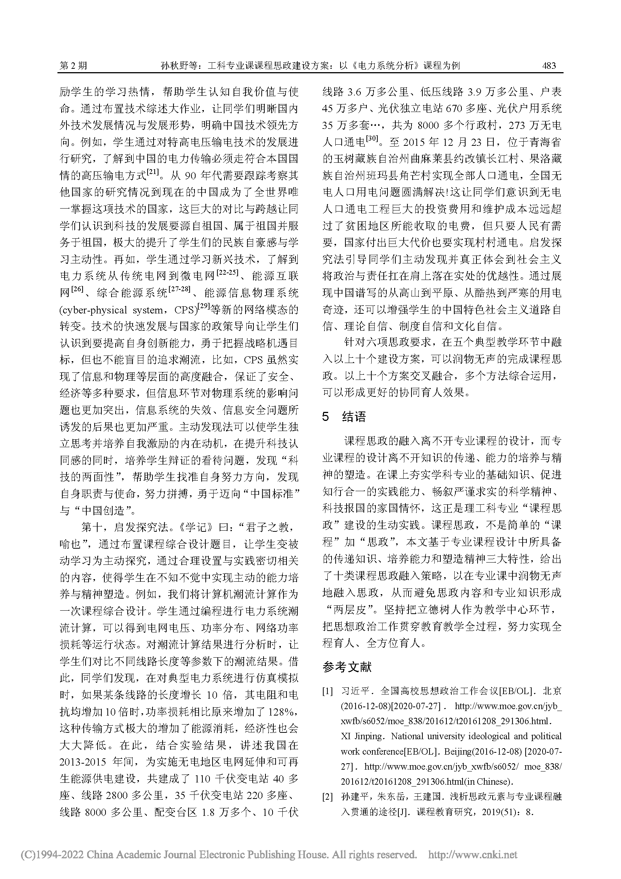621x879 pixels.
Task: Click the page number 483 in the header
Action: [x=549, y=66]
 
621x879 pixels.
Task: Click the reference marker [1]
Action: [x=327, y=691]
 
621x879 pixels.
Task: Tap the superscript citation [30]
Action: [x=372, y=139]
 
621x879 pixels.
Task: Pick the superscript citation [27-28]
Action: [x=179, y=290]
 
